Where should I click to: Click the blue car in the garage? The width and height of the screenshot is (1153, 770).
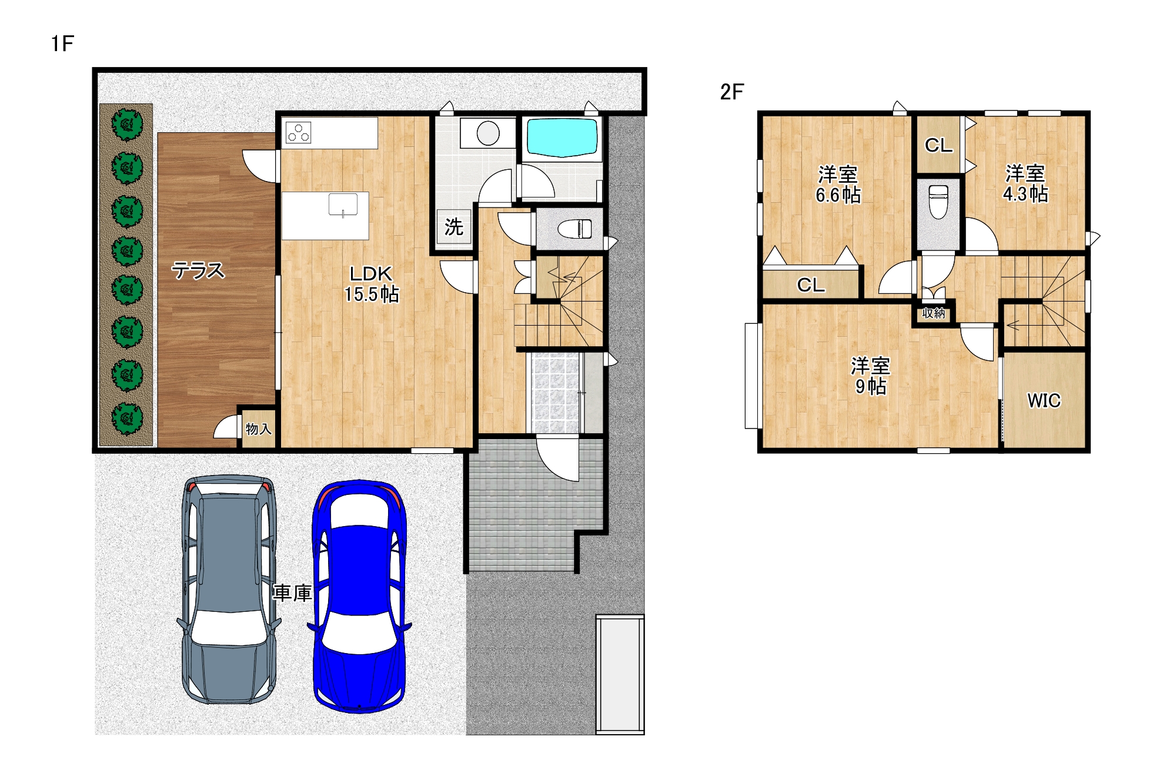359,596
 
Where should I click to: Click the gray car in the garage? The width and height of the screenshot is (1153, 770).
228,590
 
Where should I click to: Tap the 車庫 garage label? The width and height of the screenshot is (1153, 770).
292,592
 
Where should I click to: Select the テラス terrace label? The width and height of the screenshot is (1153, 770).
198,270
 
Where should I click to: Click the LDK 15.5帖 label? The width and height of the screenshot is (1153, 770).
372,283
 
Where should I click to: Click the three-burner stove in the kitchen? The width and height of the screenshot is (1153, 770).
298,132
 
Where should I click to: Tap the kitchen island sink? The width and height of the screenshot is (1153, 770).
343,205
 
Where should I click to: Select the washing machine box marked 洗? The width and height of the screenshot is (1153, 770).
454,226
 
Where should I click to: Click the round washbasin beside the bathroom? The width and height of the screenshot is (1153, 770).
488,133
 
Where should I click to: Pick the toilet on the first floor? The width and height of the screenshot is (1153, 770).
574,228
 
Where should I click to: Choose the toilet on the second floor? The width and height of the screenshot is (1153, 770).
938,201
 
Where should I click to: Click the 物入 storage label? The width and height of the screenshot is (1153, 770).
259,429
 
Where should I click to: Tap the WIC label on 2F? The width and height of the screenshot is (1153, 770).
1044,400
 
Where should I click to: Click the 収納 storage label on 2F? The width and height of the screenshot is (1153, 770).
934,313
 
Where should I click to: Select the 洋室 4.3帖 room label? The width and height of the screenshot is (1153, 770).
1025,183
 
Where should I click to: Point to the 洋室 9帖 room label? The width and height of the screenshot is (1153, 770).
871,376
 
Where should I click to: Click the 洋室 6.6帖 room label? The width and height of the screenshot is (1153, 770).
838,185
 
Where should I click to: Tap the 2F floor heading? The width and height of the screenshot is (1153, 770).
732,92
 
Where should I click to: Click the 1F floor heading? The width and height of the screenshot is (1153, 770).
62,43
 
